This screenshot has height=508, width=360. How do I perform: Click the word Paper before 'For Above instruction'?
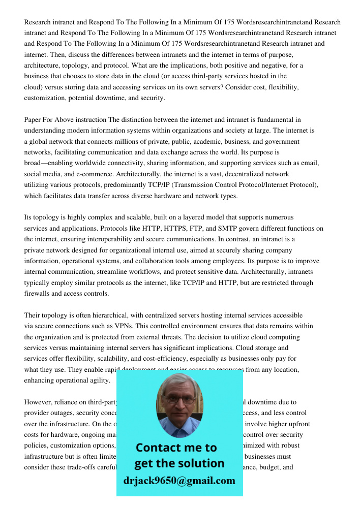[33, 120]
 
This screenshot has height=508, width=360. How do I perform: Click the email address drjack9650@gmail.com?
[179, 481]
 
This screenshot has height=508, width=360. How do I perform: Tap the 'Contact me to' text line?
[176, 448]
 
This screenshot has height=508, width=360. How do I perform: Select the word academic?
[193, 142]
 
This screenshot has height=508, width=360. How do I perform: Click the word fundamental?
[277, 120]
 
